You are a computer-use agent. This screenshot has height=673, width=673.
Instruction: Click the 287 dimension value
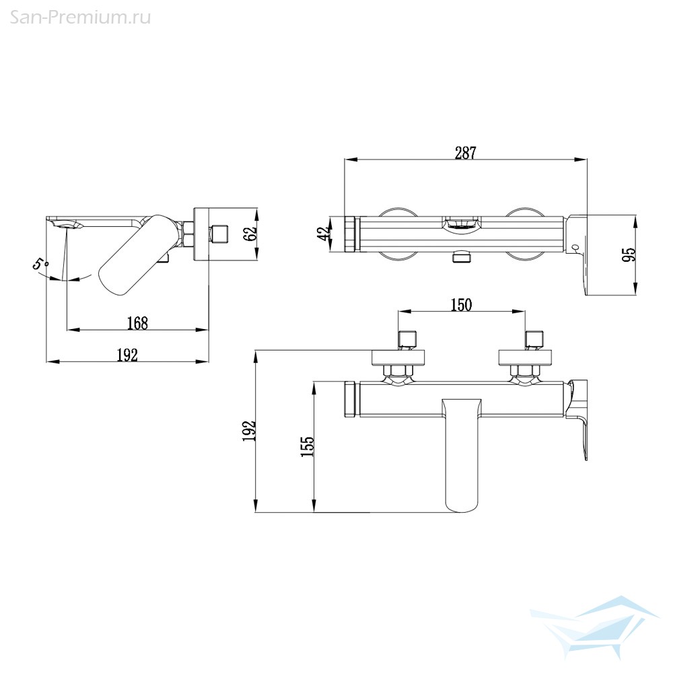click(x=466, y=153)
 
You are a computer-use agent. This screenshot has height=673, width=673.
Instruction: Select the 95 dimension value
click(x=631, y=254)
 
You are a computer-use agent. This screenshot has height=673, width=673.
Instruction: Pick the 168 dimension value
click(x=137, y=323)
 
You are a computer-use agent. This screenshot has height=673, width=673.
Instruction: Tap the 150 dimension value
click(x=461, y=305)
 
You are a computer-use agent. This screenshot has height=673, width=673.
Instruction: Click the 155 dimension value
click(x=308, y=446)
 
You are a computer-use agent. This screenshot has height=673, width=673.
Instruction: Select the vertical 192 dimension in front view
click(x=249, y=431)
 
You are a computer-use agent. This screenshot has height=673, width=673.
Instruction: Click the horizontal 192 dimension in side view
click(x=127, y=355)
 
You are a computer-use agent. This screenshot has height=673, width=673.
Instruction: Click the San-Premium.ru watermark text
click(x=80, y=17)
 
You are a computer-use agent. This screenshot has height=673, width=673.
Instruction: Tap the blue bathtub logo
click(x=594, y=627)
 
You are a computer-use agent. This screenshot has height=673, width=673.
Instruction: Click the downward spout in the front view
click(x=462, y=455)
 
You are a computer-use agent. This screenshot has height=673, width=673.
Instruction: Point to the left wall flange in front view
click(x=398, y=357)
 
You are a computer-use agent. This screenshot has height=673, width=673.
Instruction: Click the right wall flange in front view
click(x=525, y=357)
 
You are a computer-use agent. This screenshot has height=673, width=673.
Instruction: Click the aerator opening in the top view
click(x=462, y=224)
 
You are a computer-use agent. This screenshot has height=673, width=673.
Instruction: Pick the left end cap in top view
click(x=352, y=234)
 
